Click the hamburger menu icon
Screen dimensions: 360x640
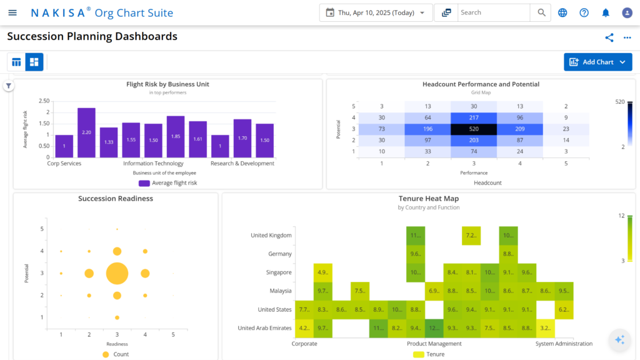click(x=12, y=12)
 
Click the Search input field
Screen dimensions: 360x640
click(x=493, y=12)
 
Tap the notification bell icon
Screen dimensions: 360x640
click(x=605, y=12)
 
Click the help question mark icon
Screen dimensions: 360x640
click(x=584, y=12)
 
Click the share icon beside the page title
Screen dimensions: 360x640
click(x=609, y=37)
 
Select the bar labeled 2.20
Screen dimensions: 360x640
click(x=86, y=132)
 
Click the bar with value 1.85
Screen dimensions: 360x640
click(x=176, y=136)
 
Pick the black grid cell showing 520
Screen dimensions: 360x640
click(x=474, y=129)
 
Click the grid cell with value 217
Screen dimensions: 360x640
click(x=474, y=117)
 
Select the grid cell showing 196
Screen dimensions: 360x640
click(x=427, y=129)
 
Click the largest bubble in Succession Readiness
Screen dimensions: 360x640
click(x=117, y=273)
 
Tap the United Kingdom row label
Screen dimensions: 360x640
click(x=271, y=236)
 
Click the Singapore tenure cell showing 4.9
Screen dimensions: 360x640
click(x=323, y=272)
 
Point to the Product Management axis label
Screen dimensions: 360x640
click(x=434, y=344)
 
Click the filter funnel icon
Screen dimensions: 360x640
click(x=9, y=86)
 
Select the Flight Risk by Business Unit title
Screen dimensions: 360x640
click(x=167, y=84)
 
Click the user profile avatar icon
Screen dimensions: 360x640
click(x=627, y=12)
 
